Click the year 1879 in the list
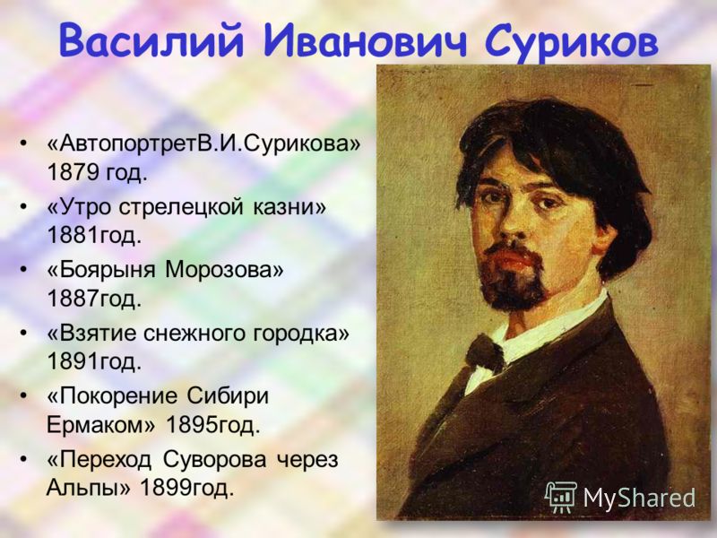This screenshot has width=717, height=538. click(x=73, y=172)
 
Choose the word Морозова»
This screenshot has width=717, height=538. click(x=224, y=270)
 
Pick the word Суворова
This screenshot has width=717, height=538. click(x=214, y=460)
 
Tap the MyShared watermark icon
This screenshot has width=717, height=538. click(x=560, y=497)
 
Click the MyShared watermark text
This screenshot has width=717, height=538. click(x=639, y=498)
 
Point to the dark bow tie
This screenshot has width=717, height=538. click(x=484, y=351)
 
